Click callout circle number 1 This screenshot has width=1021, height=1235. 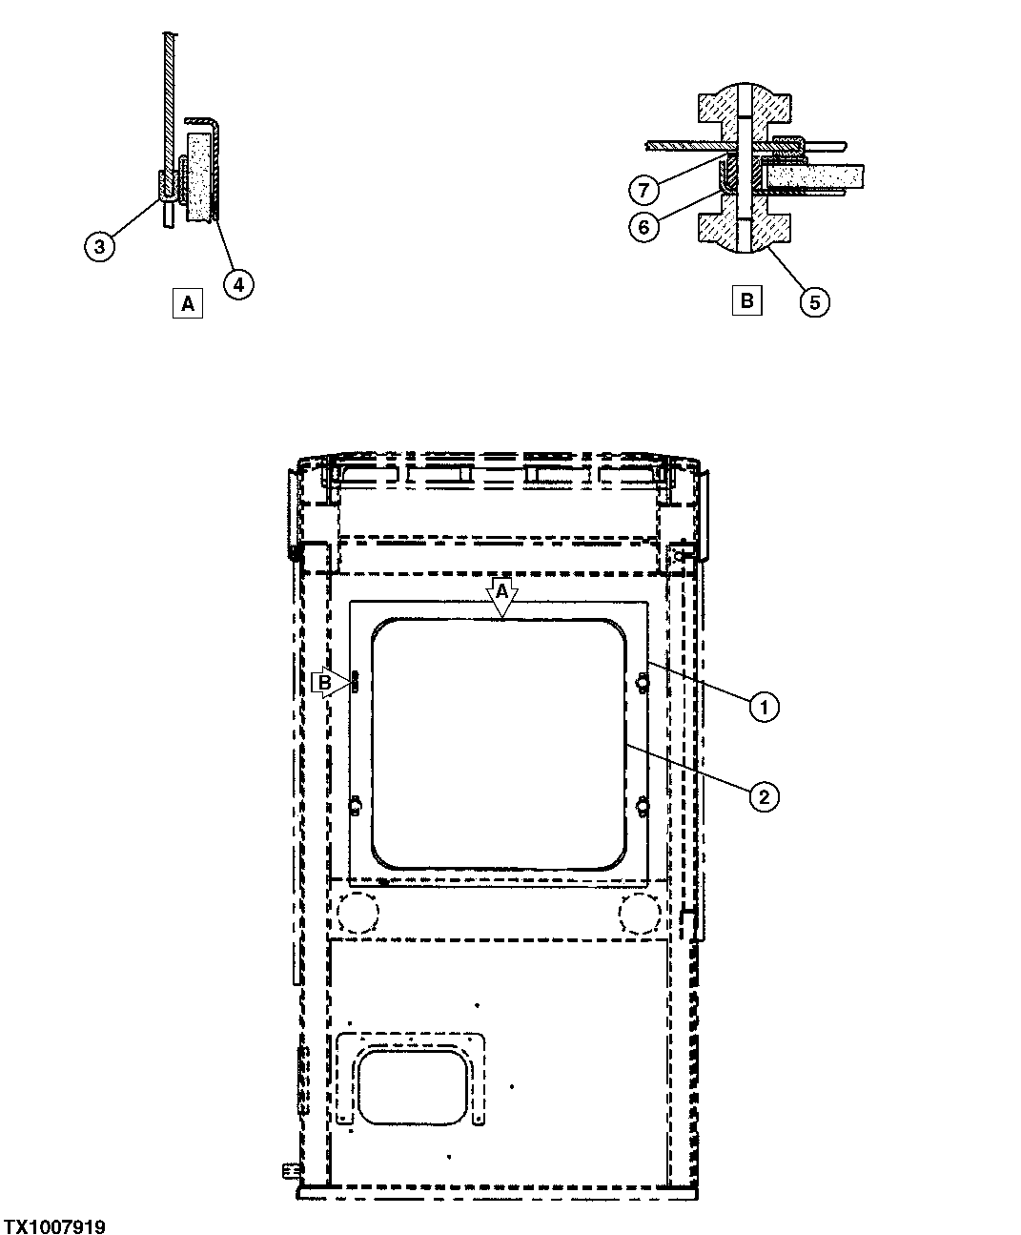point(764,707)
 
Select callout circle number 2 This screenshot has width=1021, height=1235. point(764,795)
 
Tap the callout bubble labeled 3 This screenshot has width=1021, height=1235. point(100,246)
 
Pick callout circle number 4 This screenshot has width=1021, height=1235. point(238,283)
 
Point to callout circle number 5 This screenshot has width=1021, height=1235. point(814,302)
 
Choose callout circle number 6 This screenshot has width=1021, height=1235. point(643,227)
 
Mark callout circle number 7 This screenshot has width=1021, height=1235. point(643,190)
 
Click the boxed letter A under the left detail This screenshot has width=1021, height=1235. point(188,304)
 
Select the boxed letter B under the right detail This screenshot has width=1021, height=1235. point(746,301)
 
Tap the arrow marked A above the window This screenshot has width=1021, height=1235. point(501,597)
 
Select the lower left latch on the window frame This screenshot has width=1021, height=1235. point(355,807)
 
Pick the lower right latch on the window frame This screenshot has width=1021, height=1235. point(641,807)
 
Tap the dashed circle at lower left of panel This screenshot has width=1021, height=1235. point(357,914)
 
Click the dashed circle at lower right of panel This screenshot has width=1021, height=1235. point(639,914)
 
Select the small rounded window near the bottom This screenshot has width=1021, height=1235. point(413,1085)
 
